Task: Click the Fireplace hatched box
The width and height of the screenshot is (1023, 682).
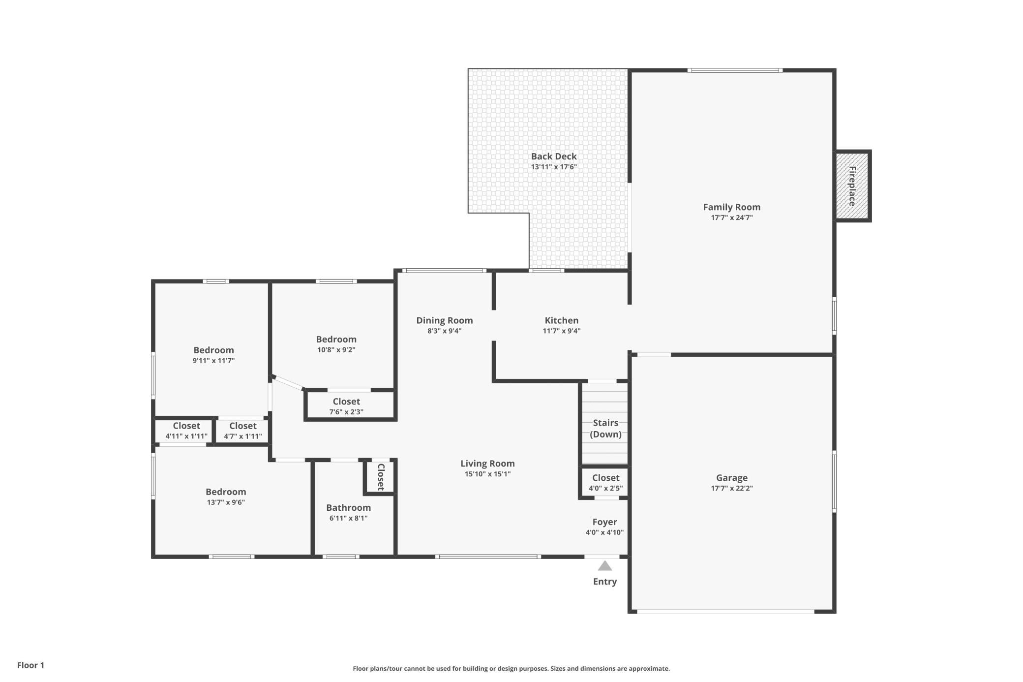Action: [x=853, y=186]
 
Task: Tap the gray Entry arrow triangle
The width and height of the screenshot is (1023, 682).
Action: [x=604, y=566]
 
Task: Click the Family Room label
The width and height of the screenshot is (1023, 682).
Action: [x=731, y=207]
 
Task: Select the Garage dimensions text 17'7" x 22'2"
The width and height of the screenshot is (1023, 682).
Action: [x=731, y=488]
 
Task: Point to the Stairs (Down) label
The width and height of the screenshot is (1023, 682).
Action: [x=605, y=429]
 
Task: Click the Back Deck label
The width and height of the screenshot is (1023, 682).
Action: [x=554, y=156]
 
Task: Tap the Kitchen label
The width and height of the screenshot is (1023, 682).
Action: [x=561, y=320]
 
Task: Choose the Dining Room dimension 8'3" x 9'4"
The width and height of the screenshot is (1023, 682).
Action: [x=444, y=331]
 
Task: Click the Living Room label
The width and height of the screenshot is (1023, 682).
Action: [x=487, y=464]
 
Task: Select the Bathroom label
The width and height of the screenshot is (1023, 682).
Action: [x=348, y=508]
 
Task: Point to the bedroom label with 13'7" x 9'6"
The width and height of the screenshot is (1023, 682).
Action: [x=226, y=492]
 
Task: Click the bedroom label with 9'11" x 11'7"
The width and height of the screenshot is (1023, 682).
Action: [x=213, y=350]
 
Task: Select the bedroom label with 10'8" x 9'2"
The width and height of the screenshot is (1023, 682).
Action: [x=336, y=340]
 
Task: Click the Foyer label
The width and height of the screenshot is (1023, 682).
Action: [x=604, y=522]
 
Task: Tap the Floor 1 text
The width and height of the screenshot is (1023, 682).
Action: [x=30, y=665]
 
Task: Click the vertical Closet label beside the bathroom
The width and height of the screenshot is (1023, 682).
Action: [x=381, y=477]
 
